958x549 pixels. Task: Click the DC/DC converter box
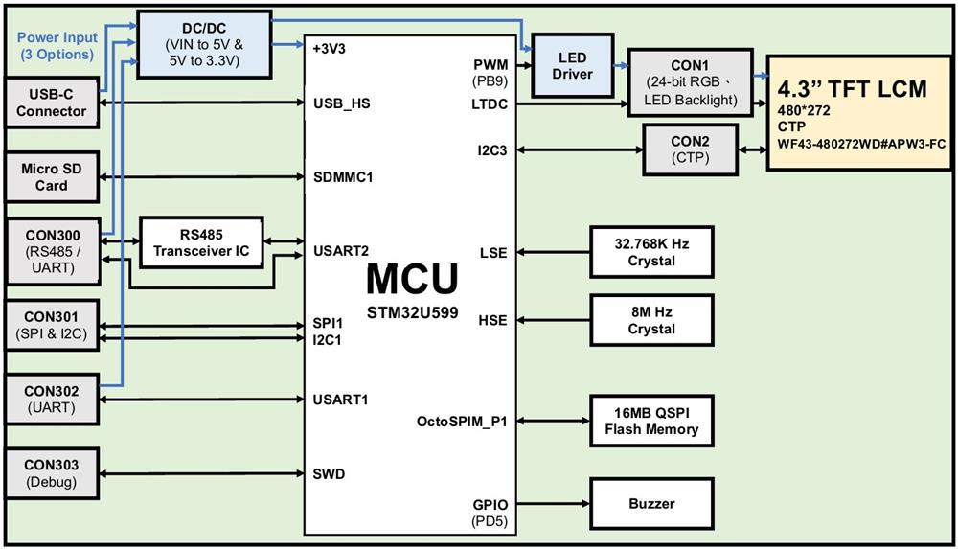click(203, 45)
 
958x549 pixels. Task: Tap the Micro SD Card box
click(52, 177)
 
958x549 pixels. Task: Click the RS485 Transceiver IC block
click(201, 242)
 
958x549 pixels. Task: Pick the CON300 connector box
click(51, 251)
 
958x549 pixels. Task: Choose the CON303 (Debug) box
click(51, 473)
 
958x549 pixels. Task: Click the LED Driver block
click(573, 66)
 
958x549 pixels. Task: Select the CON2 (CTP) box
click(690, 149)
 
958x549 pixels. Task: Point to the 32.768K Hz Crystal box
click(651, 253)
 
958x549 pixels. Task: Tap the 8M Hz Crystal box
click(651, 321)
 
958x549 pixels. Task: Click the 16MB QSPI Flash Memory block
click(651, 421)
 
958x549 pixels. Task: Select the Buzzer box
click(651, 504)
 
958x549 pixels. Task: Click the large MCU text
click(412, 278)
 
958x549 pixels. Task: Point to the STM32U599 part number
click(412, 311)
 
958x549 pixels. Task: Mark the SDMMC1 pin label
click(342, 177)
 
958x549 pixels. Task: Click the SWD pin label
click(329, 474)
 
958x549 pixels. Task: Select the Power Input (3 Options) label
click(57, 46)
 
